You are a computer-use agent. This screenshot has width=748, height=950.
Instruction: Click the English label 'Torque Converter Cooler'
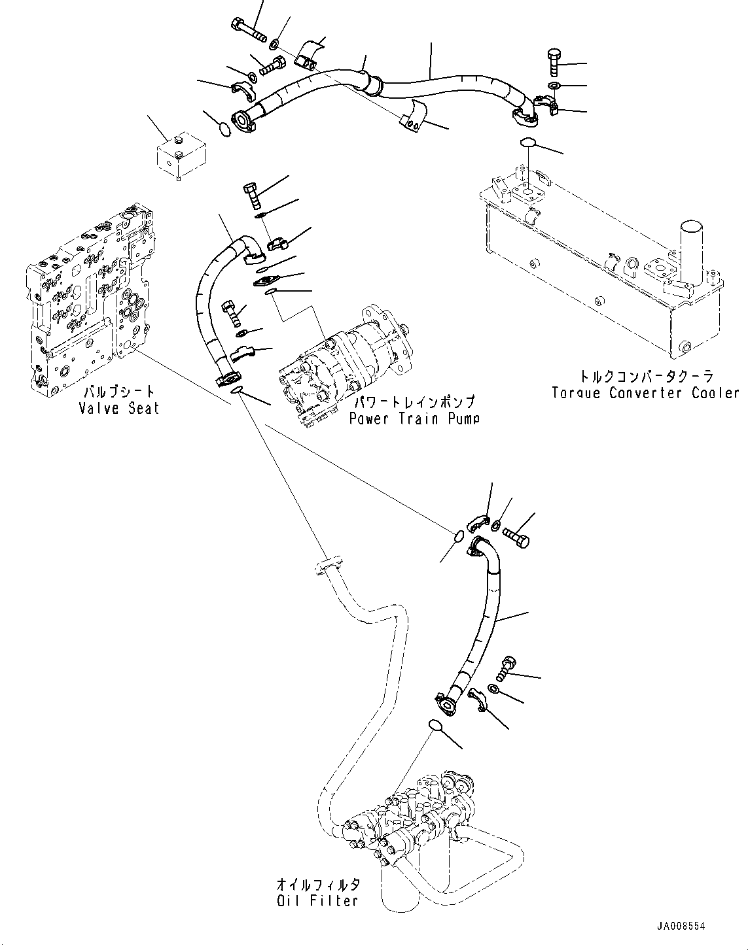point(645,393)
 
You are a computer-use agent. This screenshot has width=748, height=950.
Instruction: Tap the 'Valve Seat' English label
point(118,408)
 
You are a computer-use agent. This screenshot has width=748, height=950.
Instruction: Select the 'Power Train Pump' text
point(413,418)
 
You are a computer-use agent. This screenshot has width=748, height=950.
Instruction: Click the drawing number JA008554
point(682,926)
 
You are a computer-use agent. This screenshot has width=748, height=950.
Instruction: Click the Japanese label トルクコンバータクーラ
point(645,377)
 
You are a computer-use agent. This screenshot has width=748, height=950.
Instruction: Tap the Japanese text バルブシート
point(118,392)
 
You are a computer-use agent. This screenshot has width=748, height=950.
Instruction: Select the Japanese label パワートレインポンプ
point(413,402)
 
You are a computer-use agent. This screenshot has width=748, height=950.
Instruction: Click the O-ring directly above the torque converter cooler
point(527,143)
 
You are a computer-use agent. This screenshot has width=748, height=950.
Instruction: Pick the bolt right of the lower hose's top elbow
point(518,534)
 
